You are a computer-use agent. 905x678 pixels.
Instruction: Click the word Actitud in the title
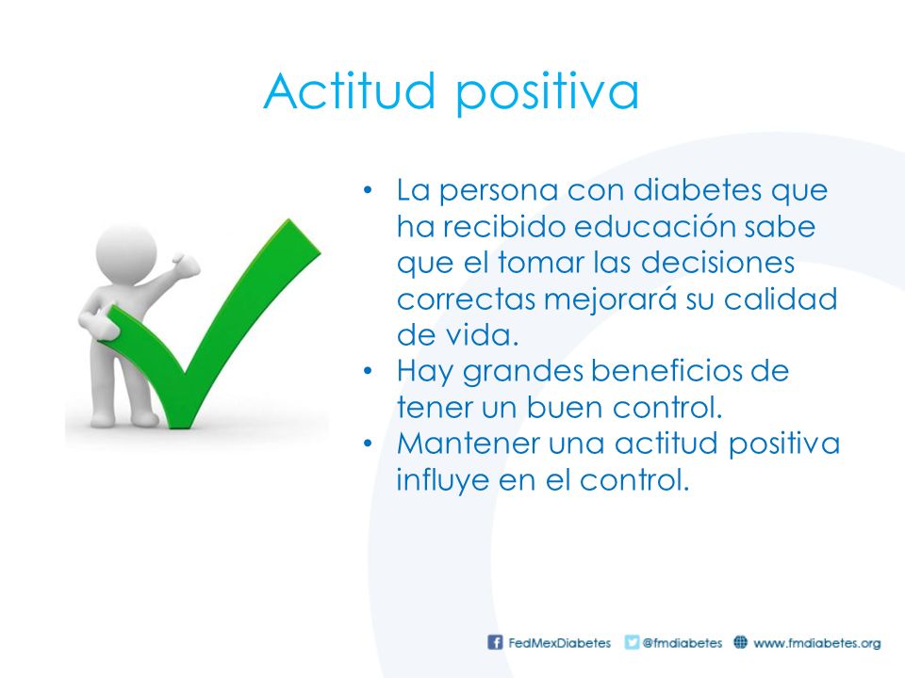(x=349, y=90)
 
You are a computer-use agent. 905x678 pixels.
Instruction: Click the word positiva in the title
(x=548, y=92)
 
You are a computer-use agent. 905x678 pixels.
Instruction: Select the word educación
(x=654, y=226)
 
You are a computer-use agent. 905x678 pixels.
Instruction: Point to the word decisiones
(x=718, y=263)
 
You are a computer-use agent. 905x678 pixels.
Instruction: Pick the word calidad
(x=781, y=299)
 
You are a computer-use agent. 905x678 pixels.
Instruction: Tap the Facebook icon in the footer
(x=495, y=642)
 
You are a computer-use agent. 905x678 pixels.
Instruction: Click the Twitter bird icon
(x=632, y=642)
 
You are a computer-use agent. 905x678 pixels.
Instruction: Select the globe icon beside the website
(x=741, y=641)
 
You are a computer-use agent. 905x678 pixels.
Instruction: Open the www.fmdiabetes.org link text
(x=816, y=643)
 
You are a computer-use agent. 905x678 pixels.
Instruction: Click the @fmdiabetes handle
(x=683, y=643)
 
